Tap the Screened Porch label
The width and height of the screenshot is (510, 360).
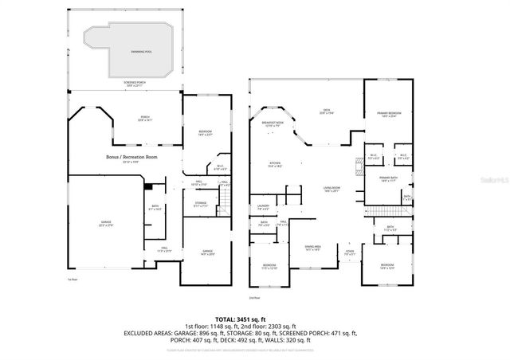[134, 84]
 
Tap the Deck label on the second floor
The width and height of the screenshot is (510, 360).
[326, 112]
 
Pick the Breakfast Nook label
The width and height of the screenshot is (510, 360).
[273, 123]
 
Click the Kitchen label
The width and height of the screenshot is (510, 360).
[275, 166]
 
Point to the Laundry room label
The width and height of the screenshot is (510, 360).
[263, 209]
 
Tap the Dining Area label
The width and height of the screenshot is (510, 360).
[313, 248]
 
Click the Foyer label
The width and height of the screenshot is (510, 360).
[349, 253]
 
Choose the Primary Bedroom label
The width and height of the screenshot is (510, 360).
[390, 115]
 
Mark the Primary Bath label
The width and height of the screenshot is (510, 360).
[388, 179]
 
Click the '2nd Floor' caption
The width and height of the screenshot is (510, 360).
[255, 297]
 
